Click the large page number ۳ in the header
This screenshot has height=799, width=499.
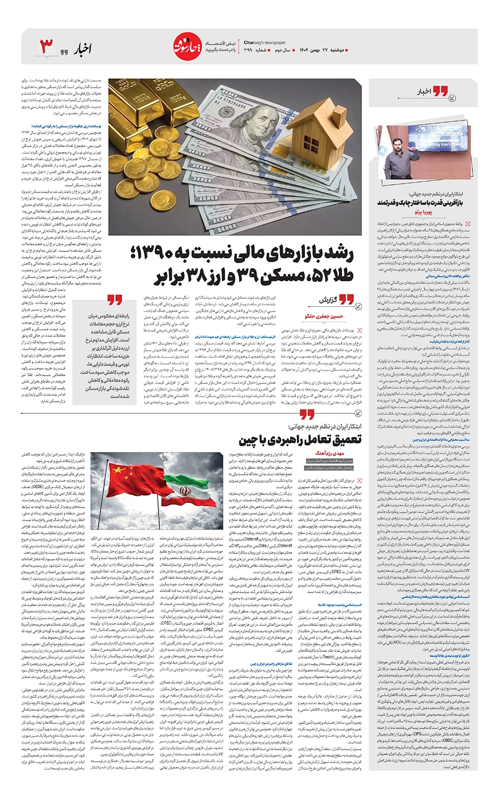click(47, 47)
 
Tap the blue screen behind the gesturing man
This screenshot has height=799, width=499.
click(444, 139)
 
